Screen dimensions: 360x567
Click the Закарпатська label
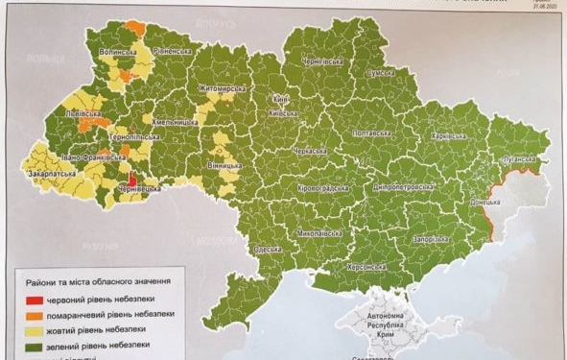[54, 175]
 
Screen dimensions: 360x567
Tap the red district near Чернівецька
[130, 180]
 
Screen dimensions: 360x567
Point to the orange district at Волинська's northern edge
[135, 28]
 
